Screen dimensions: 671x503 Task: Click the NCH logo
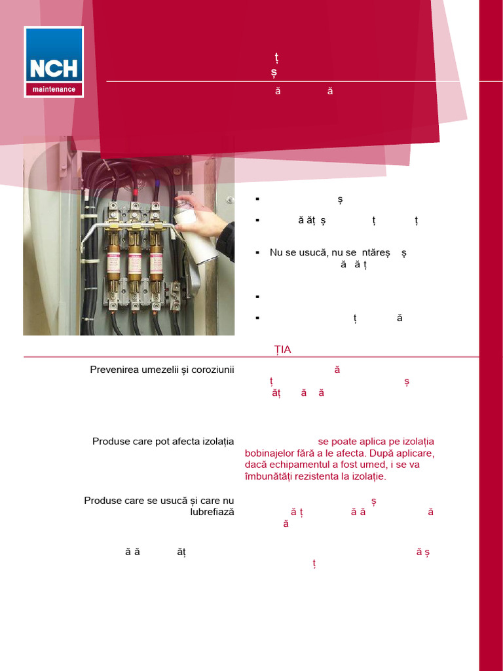pyautogui.click(x=54, y=62)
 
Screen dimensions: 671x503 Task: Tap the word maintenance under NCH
pyautogui.click(x=54, y=89)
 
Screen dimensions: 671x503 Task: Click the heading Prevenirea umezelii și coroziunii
pyautogui.click(x=162, y=370)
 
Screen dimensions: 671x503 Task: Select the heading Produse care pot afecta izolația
pyautogui.click(x=163, y=442)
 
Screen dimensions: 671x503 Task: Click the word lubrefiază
pyautogui.click(x=212, y=512)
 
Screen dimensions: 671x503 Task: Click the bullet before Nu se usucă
pyautogui.click(x=257, y=252)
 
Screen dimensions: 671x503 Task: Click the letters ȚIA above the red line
pyautogui.click(x=283, y=350)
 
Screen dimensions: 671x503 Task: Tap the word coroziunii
pyautogui.click(x=212, y=370)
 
